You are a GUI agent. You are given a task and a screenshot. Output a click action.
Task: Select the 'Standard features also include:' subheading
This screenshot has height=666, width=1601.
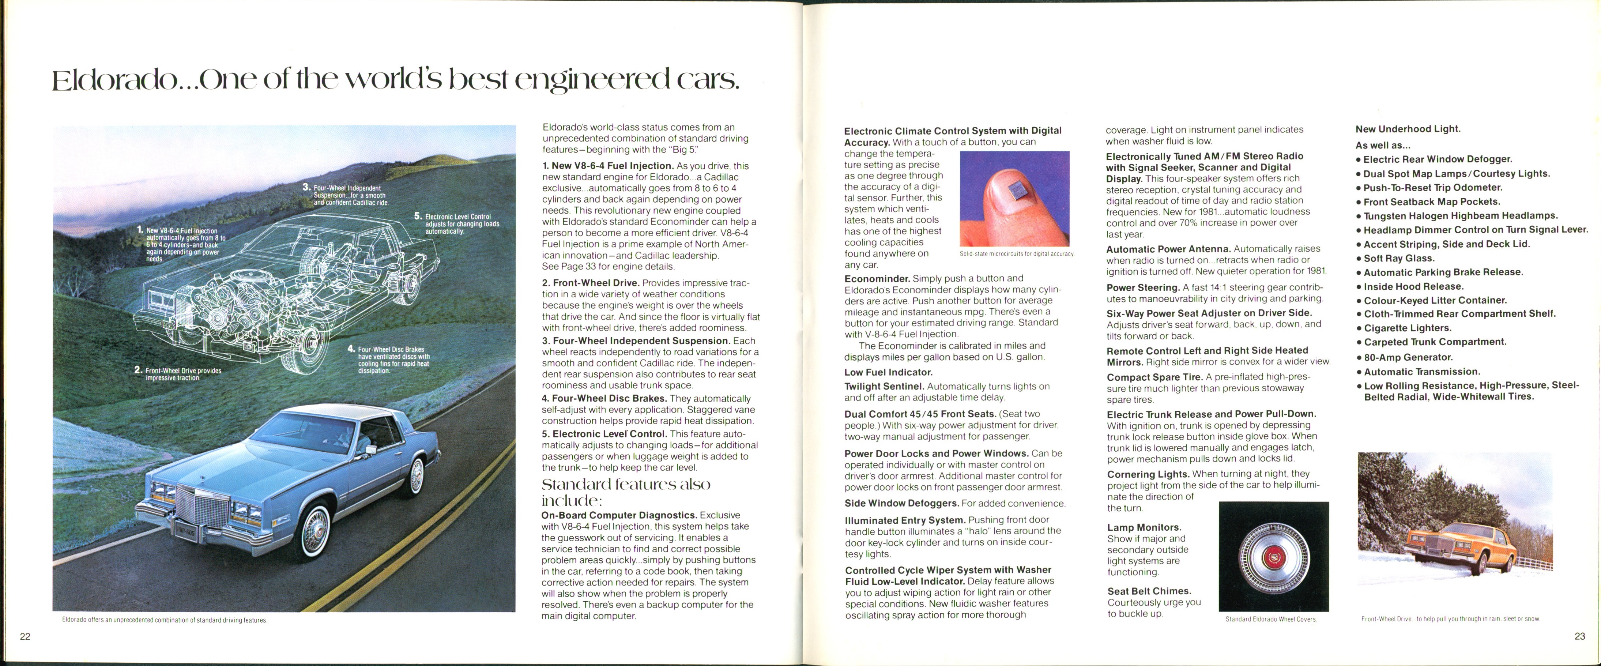(x=625, y=492)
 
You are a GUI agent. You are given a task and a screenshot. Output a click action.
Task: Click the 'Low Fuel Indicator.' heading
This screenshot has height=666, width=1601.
(x=888, y=372)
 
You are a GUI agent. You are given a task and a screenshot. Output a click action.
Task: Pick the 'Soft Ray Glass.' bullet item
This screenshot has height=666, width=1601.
(x=1398, y=258)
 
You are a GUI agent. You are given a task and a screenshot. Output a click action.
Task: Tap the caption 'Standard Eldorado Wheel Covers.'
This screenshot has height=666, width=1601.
(x=1271, y=619)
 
